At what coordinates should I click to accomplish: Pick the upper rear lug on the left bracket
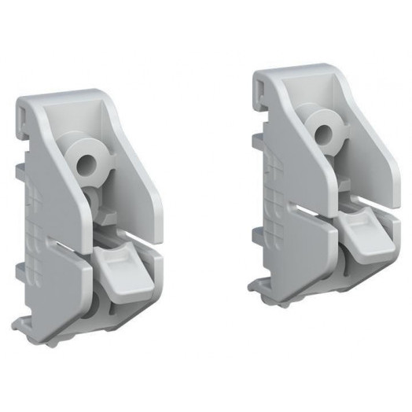coord(20,169)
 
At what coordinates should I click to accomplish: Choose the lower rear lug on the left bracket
coord(19,272)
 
